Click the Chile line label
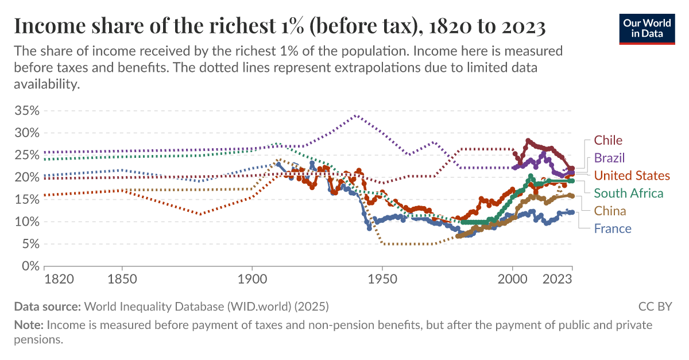[x=608, y=140]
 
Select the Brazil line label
[x=609, y=158]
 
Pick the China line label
[x=610, y=211]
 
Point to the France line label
[x=612, y=229]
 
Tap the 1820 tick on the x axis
[x=59, y=279]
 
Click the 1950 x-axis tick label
[x=382, y=279]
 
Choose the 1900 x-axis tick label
[x=251, y=279]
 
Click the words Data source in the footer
[x=48, y=306]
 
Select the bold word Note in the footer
[x=28, y=325]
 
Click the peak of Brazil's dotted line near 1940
[x=357, y=115]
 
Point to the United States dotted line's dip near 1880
[x=199, y=215]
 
